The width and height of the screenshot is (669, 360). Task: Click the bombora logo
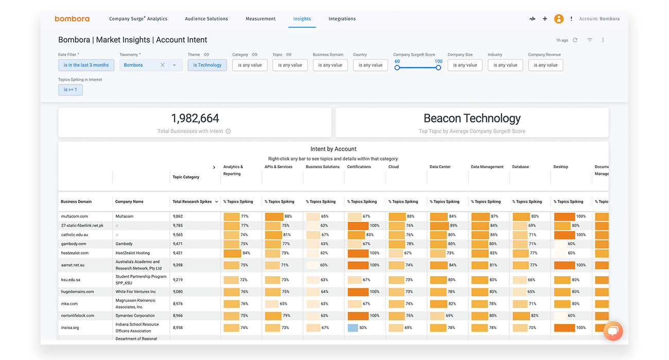coord(72,19)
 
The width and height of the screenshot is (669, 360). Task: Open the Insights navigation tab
coord(302,19)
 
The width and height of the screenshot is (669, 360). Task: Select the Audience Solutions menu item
coord(206,19)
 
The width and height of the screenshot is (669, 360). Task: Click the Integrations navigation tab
coord(342,19)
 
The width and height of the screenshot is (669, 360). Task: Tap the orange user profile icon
coord(558,19)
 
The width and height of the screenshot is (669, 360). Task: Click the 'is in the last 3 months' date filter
coord(86,65)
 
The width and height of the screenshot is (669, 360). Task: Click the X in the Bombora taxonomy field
coord(163,65)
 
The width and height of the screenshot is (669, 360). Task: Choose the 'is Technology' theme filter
coord(207,65)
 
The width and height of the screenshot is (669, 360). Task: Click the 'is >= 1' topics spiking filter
coord(71,89)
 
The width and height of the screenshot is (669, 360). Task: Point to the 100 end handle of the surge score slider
coord(438,67)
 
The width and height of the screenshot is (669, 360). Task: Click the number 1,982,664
coord(195,118)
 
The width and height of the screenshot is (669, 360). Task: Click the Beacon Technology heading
coord(472,118)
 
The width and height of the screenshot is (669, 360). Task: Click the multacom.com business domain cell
coord(75,217)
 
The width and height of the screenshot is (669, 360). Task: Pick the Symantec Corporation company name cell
coord(135,316)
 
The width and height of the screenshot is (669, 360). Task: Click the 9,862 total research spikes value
coord(178,217)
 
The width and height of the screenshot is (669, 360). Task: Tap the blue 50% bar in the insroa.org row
coord(353,328)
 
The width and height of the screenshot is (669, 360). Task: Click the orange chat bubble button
coord(613,331)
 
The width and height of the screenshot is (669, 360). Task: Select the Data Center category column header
coord(441,167)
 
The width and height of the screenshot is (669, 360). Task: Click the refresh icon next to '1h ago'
coord(575,40)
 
